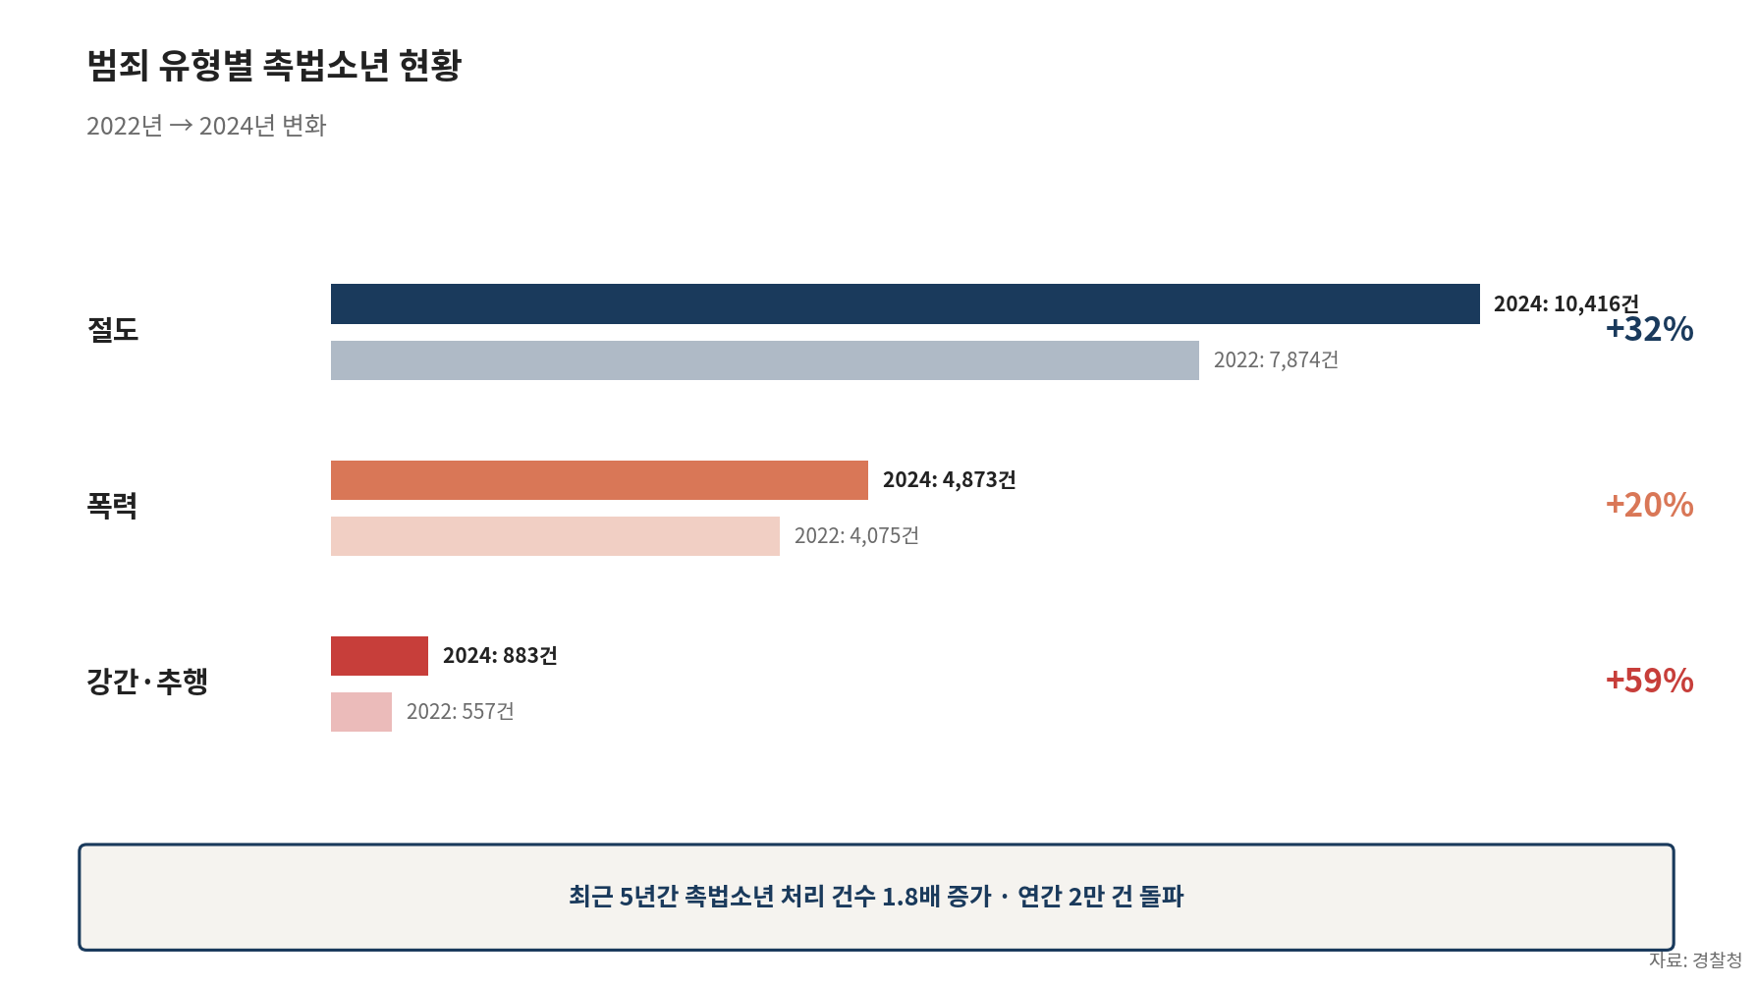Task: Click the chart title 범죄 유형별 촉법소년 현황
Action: pos(274,66)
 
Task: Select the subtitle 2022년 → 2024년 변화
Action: pos(206,126)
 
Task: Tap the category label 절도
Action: pos(113,330)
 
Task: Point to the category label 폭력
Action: pos(112,506)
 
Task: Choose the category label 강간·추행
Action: pos(147,682)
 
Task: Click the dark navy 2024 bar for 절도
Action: pos(905,304)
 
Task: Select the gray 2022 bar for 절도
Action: pos(764,360)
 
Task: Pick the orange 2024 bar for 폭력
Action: pos(599,480)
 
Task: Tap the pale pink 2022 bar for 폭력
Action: pos(555,536)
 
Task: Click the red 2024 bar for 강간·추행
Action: pos(379,656)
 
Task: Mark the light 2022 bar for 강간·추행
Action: pos(361,712)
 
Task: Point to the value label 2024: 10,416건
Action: pos(1565,303)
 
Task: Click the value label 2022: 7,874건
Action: pos(1276,360)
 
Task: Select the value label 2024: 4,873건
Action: pos(949,480)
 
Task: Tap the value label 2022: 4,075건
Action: pos(856,536)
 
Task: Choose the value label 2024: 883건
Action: pos(500,656)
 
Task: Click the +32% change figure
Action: pos(1649,330)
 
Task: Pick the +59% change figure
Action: pos(1649,681)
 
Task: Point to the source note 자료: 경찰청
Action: pos(1695,960)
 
